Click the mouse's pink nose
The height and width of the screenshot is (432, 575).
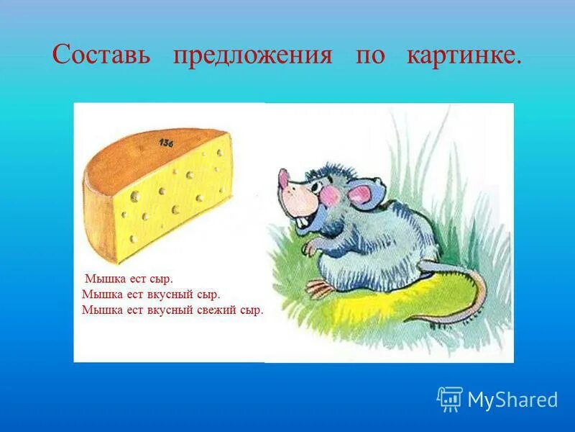tap(285, 177)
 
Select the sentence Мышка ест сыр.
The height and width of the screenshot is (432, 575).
tap(129, 278)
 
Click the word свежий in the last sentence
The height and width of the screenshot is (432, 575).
tap(217, 310)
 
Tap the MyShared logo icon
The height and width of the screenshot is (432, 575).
tap(449, 399)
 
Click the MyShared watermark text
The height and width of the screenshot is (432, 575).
tap(512, 400)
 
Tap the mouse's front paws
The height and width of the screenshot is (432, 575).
tap(308, 248)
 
